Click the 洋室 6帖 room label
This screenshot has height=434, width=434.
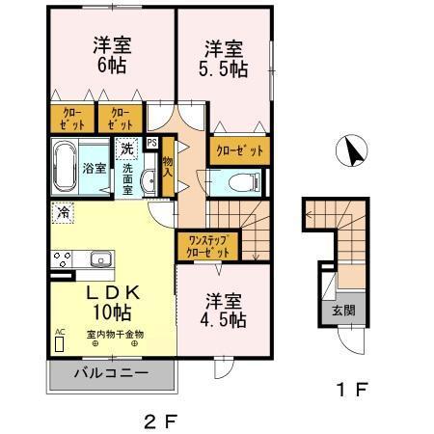112,56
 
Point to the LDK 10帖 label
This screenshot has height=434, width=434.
112,301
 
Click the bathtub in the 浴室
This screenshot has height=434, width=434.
66,167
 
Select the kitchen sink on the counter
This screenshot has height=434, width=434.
99,258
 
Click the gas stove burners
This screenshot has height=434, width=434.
62,258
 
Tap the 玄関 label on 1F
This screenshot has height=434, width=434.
342,311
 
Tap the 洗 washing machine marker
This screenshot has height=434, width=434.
126,150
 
